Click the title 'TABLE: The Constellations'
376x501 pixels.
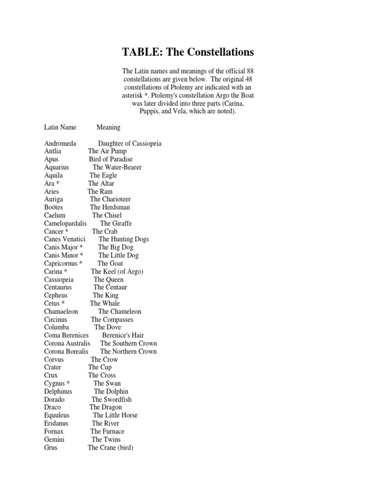click(x=188, y=52)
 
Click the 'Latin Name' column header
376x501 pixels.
click(x=60, y=127)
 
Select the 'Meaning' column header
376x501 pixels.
click(x=108, y=127)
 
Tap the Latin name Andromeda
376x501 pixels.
click(x=60, y=143)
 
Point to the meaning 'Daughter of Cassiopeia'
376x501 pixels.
click(x=130, y=143)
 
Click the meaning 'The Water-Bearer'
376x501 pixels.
click(x=117, y=167)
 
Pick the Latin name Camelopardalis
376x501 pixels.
click(x=65, y=223)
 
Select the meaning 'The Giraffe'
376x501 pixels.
click(x=116, y=223)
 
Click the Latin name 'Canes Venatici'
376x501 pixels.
click(x=65, y=239)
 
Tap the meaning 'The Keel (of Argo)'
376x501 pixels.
click(x=117, y=272)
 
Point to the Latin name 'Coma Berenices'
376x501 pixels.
click(x=67, y=335)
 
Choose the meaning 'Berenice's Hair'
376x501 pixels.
click(x=123, y=335)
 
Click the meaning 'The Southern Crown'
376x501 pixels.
click(x=128, y=343)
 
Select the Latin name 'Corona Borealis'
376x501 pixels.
click(x=67, y=351)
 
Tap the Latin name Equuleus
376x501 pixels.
click(x=57, y=415)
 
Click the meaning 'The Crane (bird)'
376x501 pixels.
click(x=111, y=447)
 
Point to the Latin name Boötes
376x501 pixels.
click(x=53, y=207)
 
